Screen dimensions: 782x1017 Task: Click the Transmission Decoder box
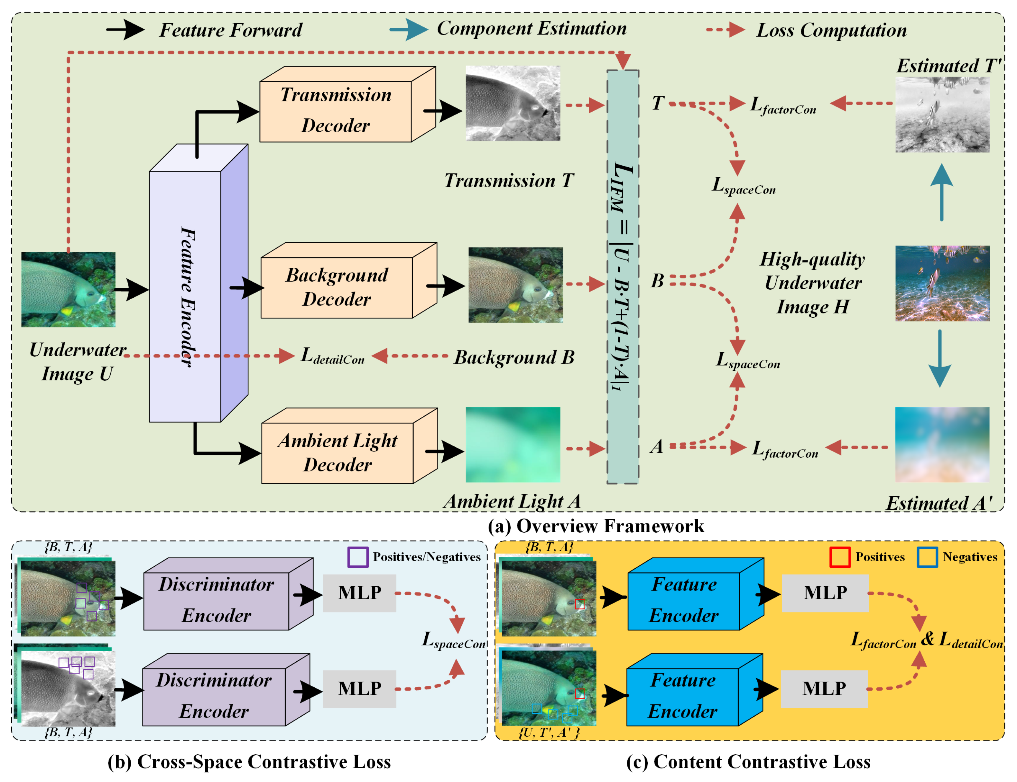click(336, 111)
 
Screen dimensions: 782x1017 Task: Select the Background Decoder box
click(337, 287)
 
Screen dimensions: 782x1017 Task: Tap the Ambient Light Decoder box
click(338, 452)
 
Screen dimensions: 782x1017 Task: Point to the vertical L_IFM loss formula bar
click(623, 277)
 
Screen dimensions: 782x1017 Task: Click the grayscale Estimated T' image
click(943, 115)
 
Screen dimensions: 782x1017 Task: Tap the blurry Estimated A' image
click(943, 444)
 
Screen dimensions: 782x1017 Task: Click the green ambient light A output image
click(513, 444)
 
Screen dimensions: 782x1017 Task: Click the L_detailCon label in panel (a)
click(332, 356)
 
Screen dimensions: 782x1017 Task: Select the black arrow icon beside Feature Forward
click(125, 30)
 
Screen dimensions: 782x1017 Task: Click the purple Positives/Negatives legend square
click(358, 557)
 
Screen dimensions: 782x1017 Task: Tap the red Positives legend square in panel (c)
click(840, 557)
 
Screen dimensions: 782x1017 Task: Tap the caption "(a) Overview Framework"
click(596, 526)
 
